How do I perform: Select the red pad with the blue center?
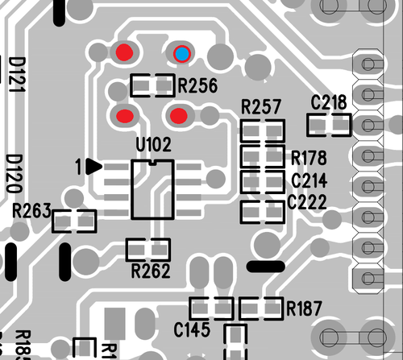(182, 54)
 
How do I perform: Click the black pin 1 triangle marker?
(93, 167)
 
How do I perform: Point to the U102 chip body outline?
(152, 188)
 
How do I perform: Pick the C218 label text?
(329, 102)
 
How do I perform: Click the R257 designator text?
(261, 107)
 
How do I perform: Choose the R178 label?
(309, 156)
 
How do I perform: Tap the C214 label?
(309, 180)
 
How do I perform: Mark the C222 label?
(309, 201)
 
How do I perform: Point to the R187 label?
(304, 308)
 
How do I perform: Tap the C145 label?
(192, 329)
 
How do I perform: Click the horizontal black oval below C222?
(265, 266)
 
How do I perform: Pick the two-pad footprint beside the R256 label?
(152, 85)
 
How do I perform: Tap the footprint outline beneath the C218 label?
(330, 124)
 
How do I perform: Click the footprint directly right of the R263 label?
(74, 220)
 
